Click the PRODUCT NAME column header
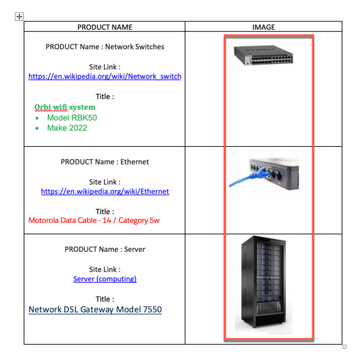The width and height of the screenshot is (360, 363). pyautogui.click(x=104, y=28)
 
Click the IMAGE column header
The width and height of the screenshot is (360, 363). pyautogui.click(x=263, y=28)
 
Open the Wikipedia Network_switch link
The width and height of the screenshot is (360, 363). pyautogui.click(x=104, y=77)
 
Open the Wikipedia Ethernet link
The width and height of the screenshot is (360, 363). pyautogui.click(x=104, y=191)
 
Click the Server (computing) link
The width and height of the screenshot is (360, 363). pyautogui.click(x=104, y=279)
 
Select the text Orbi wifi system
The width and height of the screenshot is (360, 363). pyautogui.click(x=65, y=107)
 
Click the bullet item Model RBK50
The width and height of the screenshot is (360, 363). pyautogui.click(x=71, y=117)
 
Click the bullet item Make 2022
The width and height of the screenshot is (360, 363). pyautogui.click(x=67, y=128)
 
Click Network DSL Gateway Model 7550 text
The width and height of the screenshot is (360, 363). pyautogui.click(x=95, y=310)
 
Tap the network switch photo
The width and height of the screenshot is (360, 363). pyautogui.click(x=268, y=56)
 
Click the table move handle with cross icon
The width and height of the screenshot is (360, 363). pyautogui.click(x=19, y=16)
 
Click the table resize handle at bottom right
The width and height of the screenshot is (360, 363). pyautogui.click(x=344, y=347)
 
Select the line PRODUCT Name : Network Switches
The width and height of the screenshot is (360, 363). pyautogui.click(x=104, y=47)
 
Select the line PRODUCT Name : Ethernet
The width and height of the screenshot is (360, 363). pyautogui.click(x=104, y=162)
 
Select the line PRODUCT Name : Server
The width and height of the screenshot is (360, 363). pyautogui.click(x=104, y=249)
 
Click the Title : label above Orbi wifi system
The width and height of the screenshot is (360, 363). pyautogui.click(x=104, y=96)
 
